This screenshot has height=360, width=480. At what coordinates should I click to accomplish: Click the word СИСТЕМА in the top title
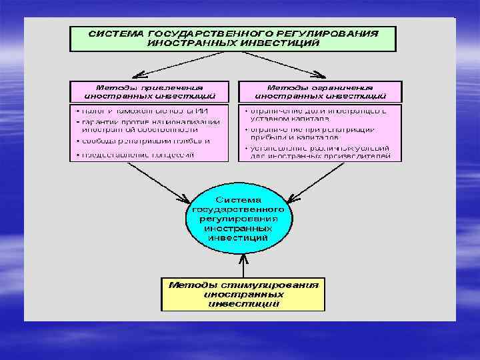click(117, 33)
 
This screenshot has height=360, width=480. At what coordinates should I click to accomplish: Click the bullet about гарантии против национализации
click(149, 125)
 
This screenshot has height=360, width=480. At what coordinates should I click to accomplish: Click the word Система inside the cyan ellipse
click(238, 199)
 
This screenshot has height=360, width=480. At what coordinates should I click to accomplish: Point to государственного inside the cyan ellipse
click(238, 209)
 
